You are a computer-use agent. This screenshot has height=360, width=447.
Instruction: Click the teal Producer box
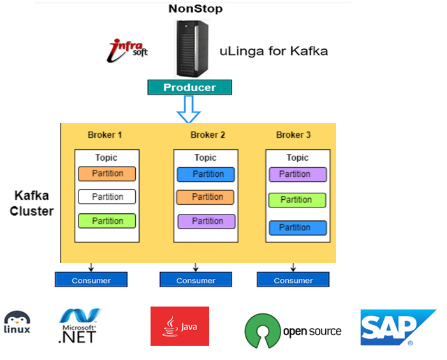tap(189, 87)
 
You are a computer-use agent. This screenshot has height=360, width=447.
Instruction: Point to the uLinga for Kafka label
tap(274, 50)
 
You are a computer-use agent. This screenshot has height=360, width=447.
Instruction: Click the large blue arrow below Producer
tap(189, 109)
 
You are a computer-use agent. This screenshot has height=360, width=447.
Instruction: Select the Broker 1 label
tap(105, 135)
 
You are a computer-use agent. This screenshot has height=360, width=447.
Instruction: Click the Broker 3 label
tap(293, 135)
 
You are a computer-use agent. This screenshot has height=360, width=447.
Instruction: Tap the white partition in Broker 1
tap(107, 197)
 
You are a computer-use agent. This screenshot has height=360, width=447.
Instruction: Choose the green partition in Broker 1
tap(107, 221)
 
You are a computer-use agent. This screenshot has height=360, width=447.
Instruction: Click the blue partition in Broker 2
tap(206, 174)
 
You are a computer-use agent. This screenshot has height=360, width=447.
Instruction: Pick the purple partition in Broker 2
tap(206, 221)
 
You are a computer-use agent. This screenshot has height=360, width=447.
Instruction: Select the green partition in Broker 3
tap(297, 200)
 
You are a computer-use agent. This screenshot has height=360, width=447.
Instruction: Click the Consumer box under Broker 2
tap(196, 280)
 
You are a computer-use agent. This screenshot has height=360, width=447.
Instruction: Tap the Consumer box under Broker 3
tap(293, 280)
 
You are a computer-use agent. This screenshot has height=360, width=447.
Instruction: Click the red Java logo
tap(180, 326)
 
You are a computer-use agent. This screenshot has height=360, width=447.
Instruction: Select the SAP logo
tap(397, 327)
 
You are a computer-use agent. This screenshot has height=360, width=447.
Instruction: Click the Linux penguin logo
tap(17, 323)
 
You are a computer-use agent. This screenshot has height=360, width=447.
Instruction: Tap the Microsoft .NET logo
tap(79, 326)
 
